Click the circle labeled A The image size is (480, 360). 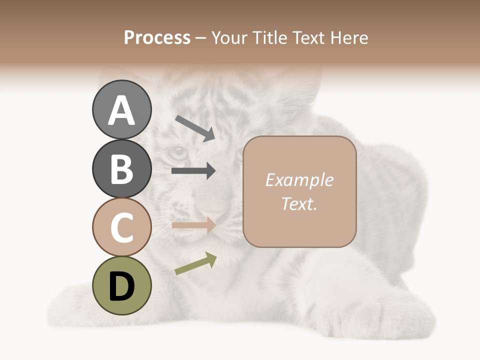tap(121, 109)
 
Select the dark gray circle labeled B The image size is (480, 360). tap(121, 168)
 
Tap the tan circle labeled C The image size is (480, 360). tap(121, 227)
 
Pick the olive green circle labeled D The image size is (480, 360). tap(121, 285)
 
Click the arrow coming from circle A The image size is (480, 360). tap(195, 128)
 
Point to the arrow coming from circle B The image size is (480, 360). tap(193, 171)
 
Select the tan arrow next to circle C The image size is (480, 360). tap(193, 225)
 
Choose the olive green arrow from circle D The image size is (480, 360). tap(195, 263)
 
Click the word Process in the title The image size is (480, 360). tap(157, 37)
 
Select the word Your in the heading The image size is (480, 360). tap(230, 37)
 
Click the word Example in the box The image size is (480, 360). tap(299, 180)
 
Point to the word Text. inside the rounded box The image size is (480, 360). tap(299, 203)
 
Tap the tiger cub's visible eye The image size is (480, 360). tap(177, 152)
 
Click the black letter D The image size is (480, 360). tap(121, 286)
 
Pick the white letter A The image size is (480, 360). tap(121, 110)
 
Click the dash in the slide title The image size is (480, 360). tap(201, 38)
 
